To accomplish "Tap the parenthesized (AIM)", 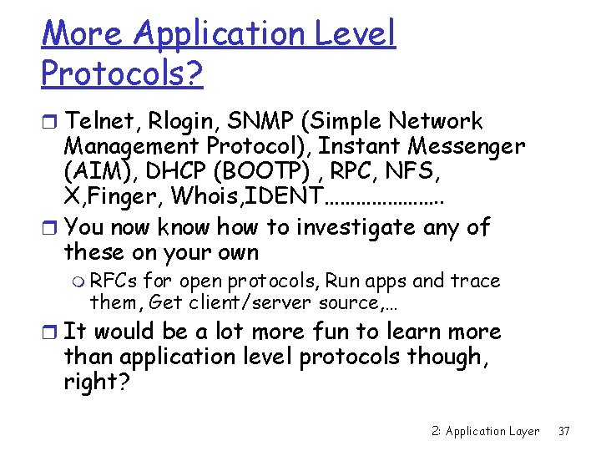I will pyautogui.click(x=95, y=173).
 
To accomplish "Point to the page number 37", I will pyautogui.click(x=563, y=431).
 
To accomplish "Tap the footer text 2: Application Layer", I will pyautogui.click(x=485, y=431).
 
